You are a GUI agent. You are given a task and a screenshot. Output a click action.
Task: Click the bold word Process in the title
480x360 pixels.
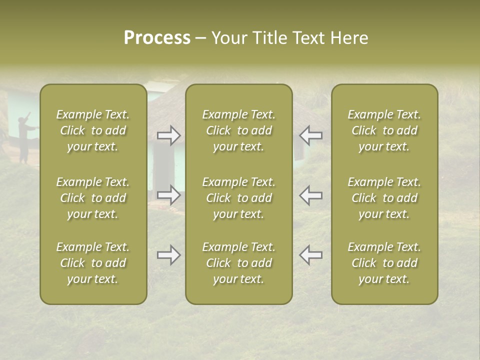click(x=157, y=38)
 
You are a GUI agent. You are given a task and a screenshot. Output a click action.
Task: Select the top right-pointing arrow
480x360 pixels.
click(x=169, y=135)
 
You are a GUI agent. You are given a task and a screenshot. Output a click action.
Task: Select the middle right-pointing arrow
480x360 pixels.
click(x=169, y=195)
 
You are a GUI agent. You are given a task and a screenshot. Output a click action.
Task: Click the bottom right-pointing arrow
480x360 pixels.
click(x=169, y=255)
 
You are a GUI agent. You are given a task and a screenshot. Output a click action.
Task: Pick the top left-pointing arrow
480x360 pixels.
click(x=310, y=135)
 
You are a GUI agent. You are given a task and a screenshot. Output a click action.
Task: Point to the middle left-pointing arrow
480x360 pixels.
click(x=310, y=195)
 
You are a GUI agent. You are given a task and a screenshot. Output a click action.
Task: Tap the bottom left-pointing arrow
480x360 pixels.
click(x=310, y=255)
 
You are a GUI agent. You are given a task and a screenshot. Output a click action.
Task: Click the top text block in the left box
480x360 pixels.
click(x=93, y=130)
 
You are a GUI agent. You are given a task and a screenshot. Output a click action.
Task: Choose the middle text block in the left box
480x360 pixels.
click(x=93, y=198)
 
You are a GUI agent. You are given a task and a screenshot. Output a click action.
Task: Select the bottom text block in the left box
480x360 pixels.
click(x=93, y=263)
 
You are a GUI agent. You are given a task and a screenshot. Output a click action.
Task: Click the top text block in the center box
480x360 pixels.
click(x=238, y=130)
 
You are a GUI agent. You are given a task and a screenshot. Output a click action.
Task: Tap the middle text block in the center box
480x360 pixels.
click(x=238, y=198)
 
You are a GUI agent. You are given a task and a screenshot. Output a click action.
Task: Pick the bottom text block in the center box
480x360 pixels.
click(x=238, y=263)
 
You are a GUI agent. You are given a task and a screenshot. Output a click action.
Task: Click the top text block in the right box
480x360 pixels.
click(x=384, y=130)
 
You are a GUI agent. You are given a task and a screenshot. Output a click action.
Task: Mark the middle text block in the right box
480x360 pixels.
click(x=384, y=198)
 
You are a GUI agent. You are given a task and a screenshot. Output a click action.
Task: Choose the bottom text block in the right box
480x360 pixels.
click(x=384, y=263)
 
